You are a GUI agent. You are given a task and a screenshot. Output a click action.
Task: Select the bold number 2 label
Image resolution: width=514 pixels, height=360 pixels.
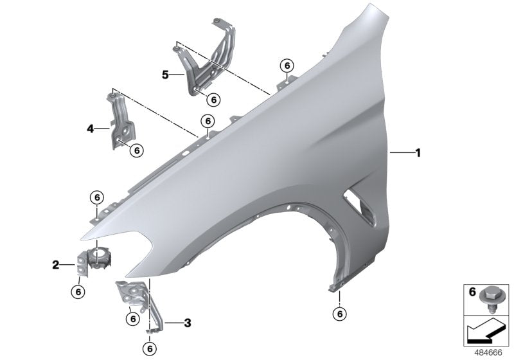coord(56,264)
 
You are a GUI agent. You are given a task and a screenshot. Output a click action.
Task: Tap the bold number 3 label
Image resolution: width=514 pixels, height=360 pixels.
coord(188,323)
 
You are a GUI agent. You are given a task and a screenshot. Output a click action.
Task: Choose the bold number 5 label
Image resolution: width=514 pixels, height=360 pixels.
coord(165,75)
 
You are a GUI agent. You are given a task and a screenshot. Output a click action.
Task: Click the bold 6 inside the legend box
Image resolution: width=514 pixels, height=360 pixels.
coord(472,292)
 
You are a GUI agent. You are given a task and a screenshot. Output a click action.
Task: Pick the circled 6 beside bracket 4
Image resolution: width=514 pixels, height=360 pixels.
coord(136,150)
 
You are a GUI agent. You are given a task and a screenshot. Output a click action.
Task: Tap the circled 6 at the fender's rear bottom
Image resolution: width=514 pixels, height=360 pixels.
coord(339,314)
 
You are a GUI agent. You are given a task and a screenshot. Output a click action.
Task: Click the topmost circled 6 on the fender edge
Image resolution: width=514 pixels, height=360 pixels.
coord(287,65)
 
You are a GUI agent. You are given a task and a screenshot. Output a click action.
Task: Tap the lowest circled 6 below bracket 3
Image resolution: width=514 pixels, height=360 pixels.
coord(152,348)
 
